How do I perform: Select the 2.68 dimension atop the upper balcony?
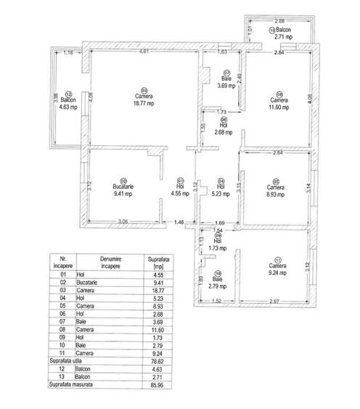280,21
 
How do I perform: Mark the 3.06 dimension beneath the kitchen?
123,221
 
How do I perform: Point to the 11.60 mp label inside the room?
277,107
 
